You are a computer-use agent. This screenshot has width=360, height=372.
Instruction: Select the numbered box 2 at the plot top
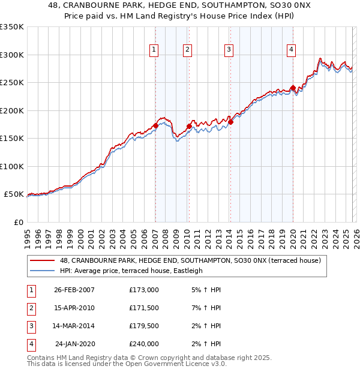(x=188, y=50)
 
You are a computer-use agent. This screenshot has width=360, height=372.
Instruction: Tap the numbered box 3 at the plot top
(x=229, y=50)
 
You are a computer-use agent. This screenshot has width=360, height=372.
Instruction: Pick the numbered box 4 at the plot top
(x=291, y=50)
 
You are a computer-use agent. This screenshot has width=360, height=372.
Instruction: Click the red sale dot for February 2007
(x=155, y=125)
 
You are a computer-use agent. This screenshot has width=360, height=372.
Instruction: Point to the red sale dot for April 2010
(x=189, y=127)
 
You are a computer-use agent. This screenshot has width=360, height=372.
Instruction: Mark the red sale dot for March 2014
(x=230, y=122)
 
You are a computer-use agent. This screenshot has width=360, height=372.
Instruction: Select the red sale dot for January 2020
(x=293, y=88)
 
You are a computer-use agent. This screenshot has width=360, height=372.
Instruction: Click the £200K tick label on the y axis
(x=11, y=110)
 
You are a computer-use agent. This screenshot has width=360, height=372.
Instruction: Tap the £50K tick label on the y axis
(x=13, y=194)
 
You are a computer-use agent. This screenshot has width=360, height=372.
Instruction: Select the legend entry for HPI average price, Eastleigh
(x=131, y=271)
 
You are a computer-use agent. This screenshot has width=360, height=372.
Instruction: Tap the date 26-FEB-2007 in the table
(x=74, y=290)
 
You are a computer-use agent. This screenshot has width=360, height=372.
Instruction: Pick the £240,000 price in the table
(x=144, y=344)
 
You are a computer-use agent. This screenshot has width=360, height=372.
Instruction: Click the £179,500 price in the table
(x=144, y=326)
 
